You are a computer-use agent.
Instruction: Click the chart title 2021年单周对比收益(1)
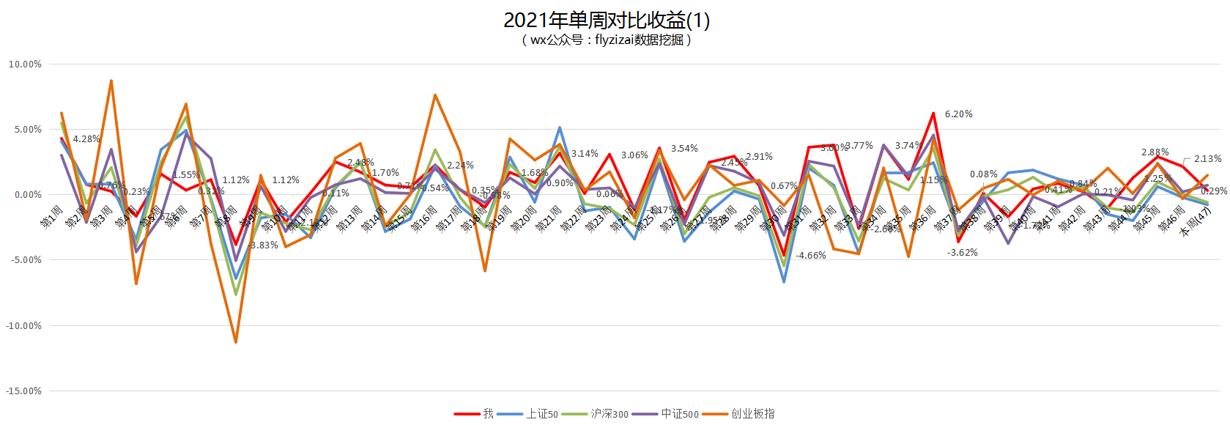point(607,20)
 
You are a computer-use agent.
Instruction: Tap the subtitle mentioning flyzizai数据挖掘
point(607,40)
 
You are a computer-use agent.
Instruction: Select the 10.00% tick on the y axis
point(25,64)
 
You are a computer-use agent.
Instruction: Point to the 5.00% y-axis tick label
point(27,130)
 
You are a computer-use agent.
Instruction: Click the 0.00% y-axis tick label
point(27,195)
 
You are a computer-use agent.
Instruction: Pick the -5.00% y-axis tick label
point(26,260)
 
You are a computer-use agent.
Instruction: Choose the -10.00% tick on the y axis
point(23,326)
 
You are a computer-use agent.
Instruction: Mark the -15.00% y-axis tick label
point(23,391)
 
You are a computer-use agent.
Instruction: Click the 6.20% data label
point(958,114)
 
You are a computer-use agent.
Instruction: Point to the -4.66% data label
point(810,256)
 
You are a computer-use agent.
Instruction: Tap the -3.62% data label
point(962,253)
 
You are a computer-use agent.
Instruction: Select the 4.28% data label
point(86,139)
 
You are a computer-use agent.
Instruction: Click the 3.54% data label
point(684,149)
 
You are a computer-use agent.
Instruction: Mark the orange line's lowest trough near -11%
point(236,342)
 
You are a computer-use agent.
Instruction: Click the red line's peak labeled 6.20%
point(933,114)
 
